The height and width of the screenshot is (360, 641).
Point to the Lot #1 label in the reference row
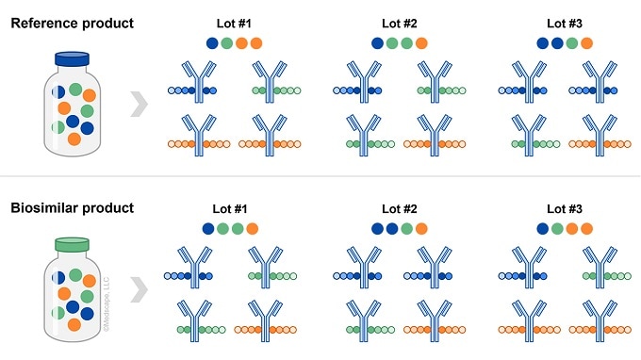pos(232,22)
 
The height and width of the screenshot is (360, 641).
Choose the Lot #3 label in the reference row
pos(564,22)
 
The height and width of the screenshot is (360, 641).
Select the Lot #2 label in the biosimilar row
pos(398,208)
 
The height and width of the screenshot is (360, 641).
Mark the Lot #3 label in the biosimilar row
pos(564,208)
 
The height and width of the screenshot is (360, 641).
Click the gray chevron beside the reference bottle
pos(137,103)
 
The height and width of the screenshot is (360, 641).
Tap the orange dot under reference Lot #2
pos(420,42)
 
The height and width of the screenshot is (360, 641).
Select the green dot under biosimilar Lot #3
pos(556,229)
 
